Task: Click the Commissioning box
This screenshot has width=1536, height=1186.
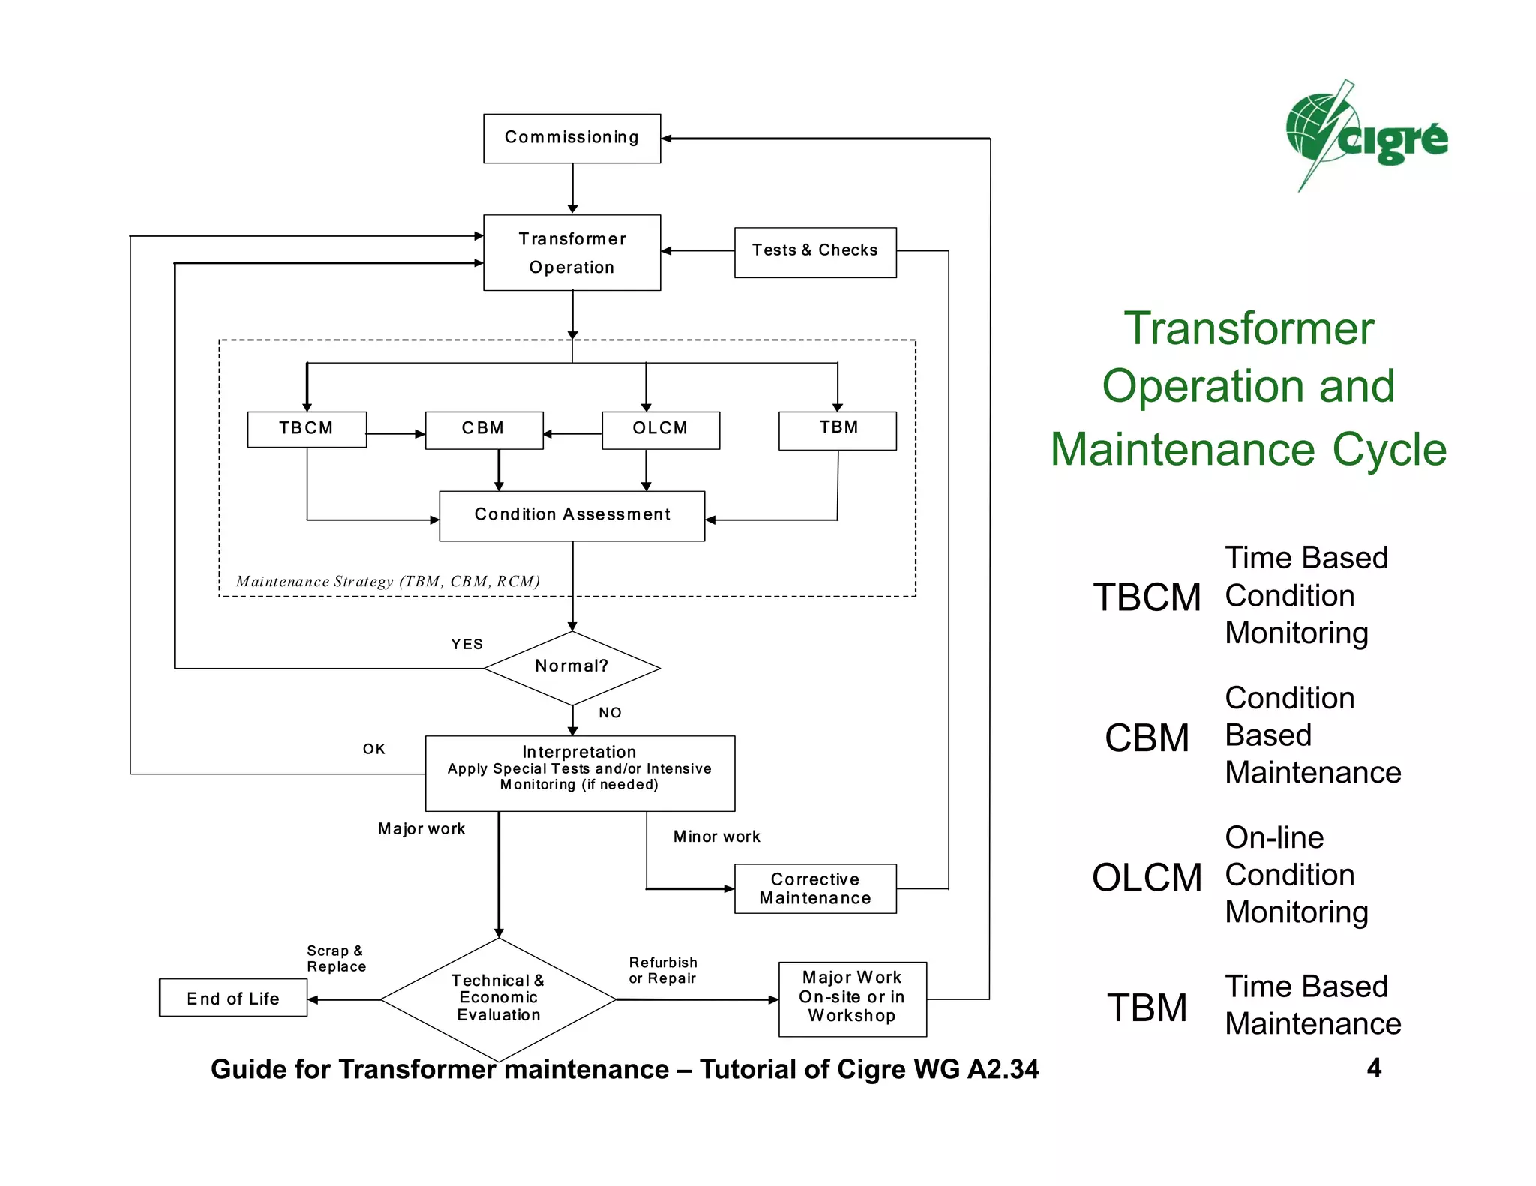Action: coord(571,138)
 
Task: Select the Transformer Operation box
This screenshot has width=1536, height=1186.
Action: coord(571,253)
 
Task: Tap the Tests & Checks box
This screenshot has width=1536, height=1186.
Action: coord(814,252)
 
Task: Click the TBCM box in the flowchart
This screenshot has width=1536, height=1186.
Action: coord(307,429)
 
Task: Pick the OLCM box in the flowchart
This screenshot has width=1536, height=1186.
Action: coord(660,430)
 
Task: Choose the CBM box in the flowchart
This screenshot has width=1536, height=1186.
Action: coord(484,430)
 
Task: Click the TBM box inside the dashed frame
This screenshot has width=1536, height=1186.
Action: coord(837,430)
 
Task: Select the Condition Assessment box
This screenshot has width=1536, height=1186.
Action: coord(571,516)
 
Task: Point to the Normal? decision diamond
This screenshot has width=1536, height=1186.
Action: coord(571,667)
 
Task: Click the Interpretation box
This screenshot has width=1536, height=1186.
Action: coord(579,772)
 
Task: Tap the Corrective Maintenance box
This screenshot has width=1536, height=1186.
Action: coord(814,888)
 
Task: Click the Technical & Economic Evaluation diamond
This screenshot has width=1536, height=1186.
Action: coord(498,999)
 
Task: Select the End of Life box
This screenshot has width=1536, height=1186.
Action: coord(232,998)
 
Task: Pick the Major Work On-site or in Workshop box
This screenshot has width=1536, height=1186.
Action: coord(852,998)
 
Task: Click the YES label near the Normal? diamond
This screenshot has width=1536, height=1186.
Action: coord(466,644)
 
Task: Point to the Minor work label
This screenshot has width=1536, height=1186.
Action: coord(716,837)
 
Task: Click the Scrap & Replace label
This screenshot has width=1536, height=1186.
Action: coord(336,959)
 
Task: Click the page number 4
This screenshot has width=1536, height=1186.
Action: coord(1373,1068)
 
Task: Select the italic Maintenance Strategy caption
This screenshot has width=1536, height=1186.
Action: coord(388,581)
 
